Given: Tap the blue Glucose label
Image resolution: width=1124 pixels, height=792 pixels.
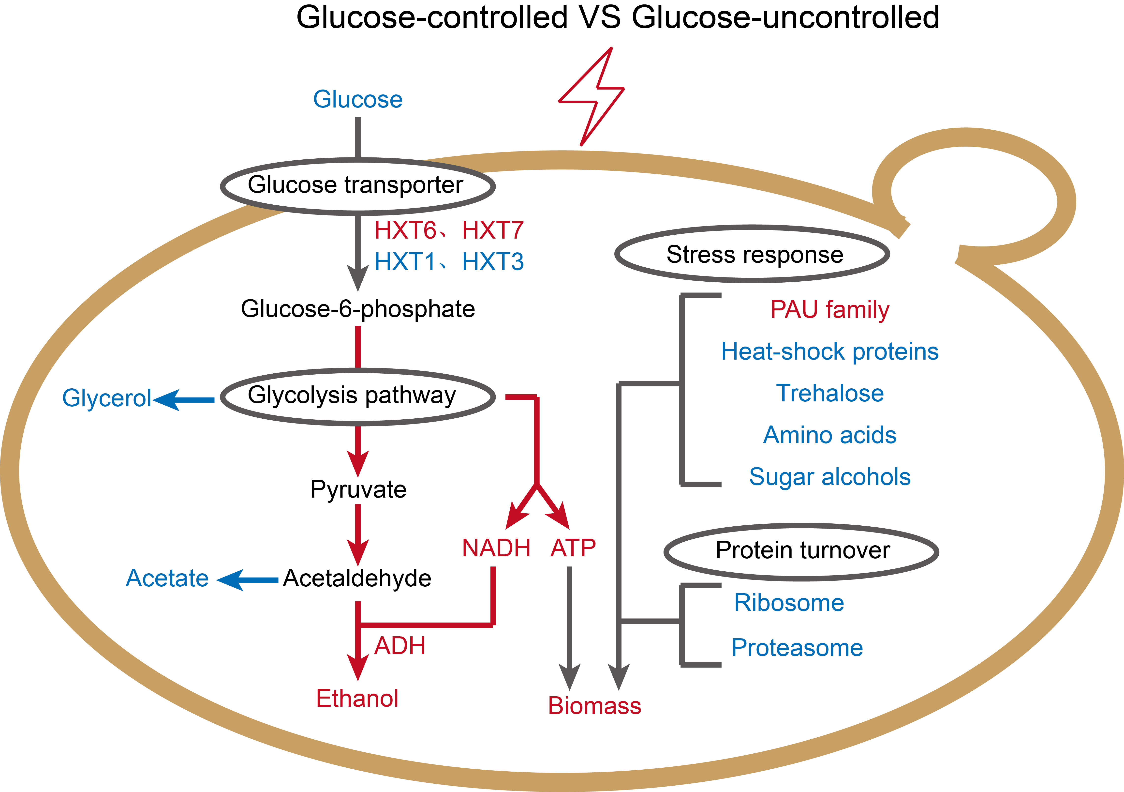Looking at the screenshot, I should pyautogui.click(x=358, y=99).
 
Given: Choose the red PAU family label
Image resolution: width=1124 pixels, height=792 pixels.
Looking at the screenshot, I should pyautogui.click(x=830, y=310).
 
